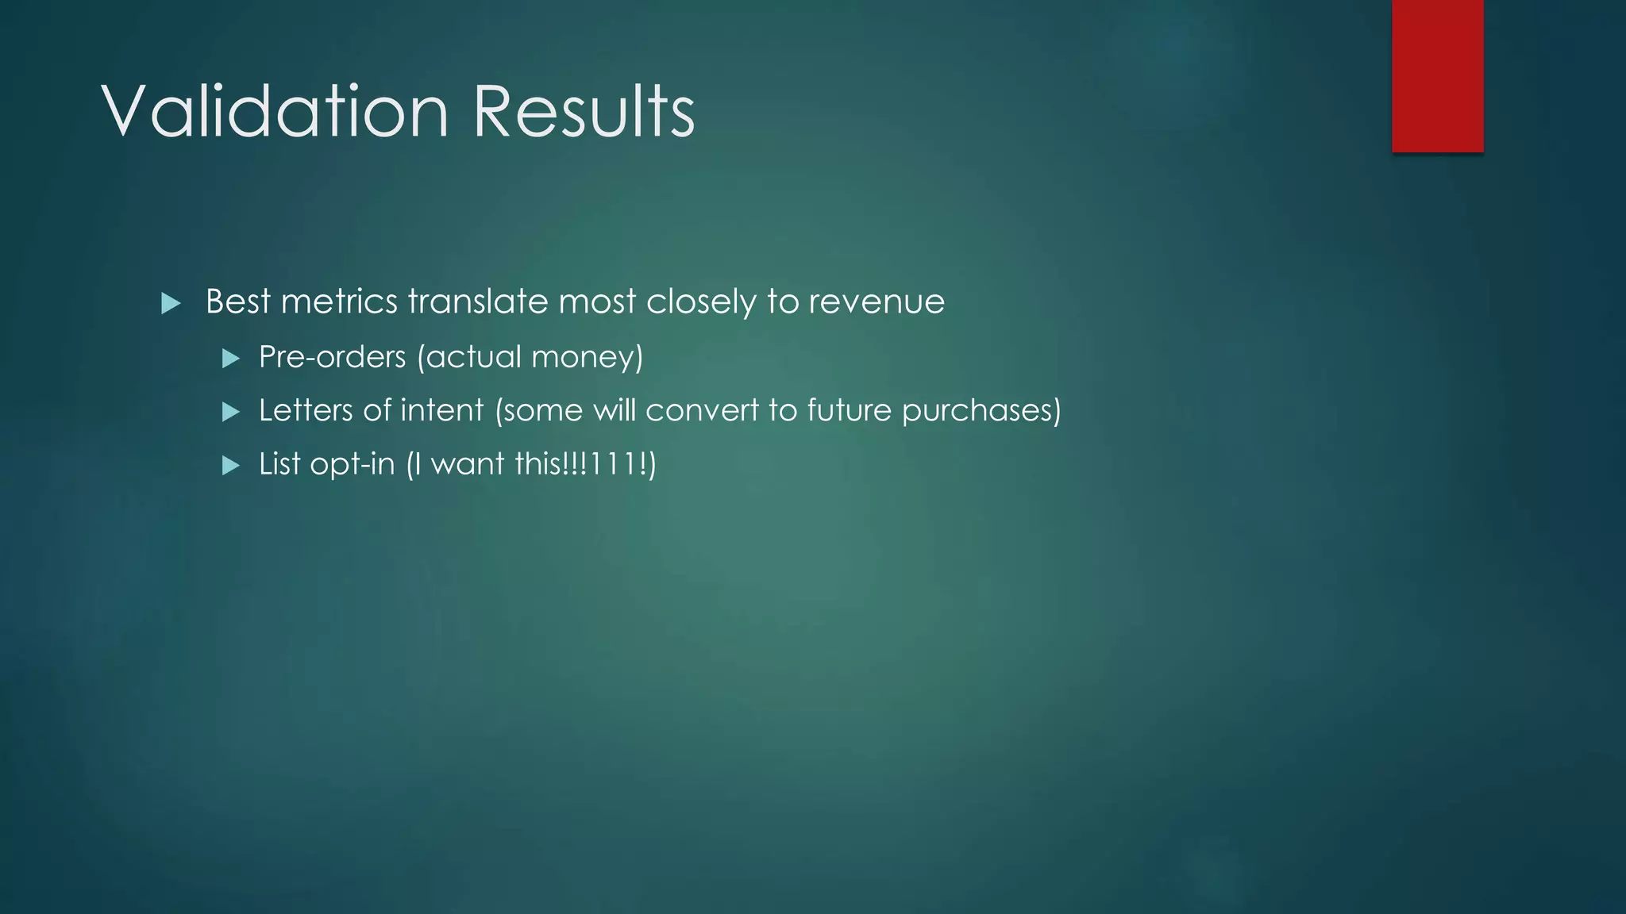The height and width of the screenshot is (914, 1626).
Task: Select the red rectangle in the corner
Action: click(x=1437, y=75)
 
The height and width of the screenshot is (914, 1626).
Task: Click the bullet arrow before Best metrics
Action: click(x=171, y=303)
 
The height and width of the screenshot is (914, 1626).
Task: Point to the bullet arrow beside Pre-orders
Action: click(x=231, y=359)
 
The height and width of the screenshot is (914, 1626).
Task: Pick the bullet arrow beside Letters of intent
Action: click(x=231, y=412)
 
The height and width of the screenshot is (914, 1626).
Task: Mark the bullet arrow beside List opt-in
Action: click(x=231, y=465)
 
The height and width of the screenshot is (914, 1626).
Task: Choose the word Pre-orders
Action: click(x=332, y=358)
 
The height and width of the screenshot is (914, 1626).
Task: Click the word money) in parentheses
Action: click(x=587, y=358)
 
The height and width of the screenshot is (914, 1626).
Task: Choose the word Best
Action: click(x=238, y=302)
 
